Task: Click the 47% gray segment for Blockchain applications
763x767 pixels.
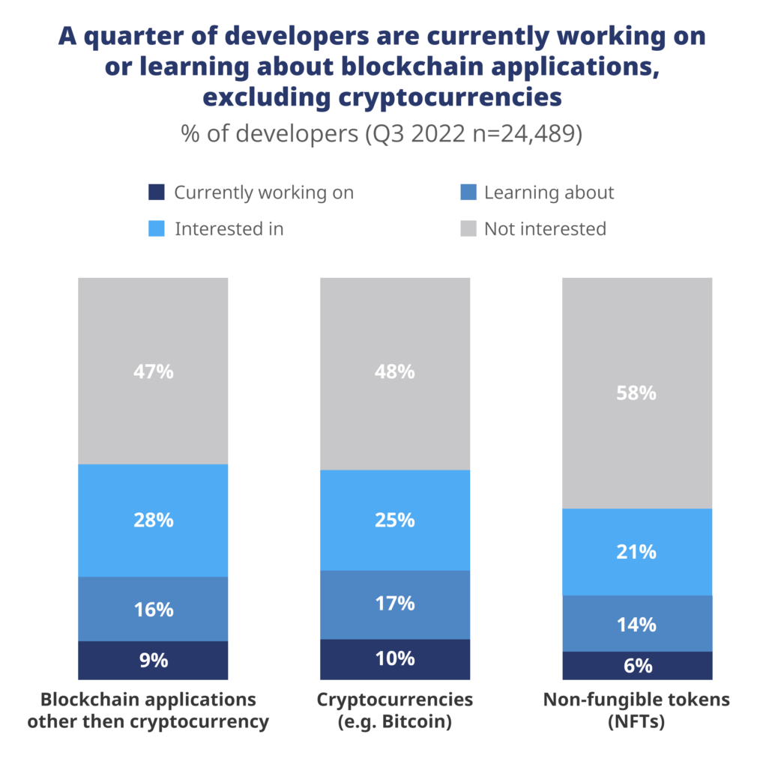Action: tap(153, 371)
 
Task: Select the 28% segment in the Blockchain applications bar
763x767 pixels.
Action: tap(153, 520)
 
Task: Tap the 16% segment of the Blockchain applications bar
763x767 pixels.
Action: tap(153, 609)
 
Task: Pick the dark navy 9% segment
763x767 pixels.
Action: tap(153, 660)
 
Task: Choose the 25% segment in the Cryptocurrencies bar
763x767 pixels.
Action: tap(395, 520)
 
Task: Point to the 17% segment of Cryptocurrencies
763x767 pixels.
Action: tap(395, 604)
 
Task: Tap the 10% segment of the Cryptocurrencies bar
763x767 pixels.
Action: tap(395, 658)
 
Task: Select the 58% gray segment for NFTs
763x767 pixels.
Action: tap(637, 392)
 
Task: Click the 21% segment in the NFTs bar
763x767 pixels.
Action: tap(637, 552)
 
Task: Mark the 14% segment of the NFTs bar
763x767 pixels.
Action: tap(637, 623)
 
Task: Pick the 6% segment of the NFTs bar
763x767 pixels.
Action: tap(637, 665)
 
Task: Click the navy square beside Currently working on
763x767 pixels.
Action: tap(156, 193)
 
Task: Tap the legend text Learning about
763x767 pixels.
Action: tap(549, 193)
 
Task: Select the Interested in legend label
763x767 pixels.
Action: tap(229, 229)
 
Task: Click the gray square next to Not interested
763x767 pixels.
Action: tap(466, 229)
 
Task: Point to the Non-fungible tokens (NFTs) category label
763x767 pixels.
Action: tap(637, 710)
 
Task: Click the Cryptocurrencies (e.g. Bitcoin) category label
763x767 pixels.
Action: tap(395, 710)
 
